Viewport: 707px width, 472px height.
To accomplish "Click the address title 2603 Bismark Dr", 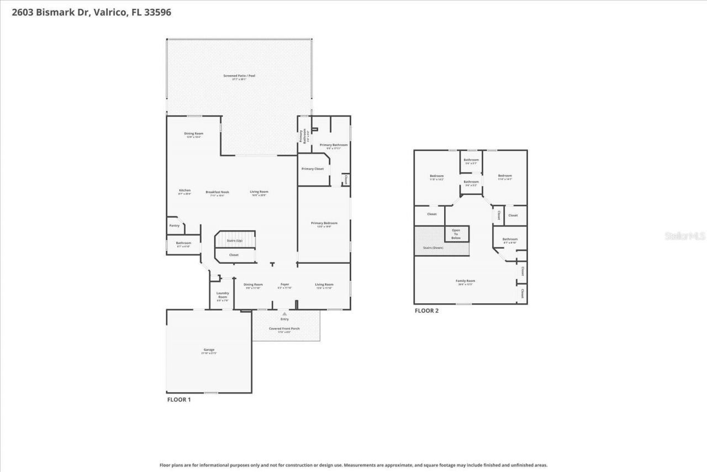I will pos(91,12).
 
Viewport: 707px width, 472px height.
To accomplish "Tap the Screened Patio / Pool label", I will pos(239,76).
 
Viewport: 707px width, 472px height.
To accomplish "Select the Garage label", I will pos(209,350).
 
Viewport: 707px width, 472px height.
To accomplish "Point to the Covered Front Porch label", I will pos(284,329).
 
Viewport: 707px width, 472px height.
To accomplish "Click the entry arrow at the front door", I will pos(284,313).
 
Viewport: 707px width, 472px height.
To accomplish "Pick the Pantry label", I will pos(174,225).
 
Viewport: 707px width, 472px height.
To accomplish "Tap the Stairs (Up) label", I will pos(235,241).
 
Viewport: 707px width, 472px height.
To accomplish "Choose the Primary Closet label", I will pos(313,169).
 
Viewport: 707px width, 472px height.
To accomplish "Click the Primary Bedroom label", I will pos(324,223).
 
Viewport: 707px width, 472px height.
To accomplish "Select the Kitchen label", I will pos(184,190).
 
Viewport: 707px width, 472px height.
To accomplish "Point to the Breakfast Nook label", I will pos(218,192).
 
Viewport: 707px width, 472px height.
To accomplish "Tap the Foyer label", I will pos(284,285).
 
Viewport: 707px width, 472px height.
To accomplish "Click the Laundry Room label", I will pos(223,295).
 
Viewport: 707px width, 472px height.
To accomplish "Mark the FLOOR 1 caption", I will pos(179,400).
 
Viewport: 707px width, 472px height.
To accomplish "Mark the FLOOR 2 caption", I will pos(426,311).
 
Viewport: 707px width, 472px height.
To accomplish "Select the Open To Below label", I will pos(456,234).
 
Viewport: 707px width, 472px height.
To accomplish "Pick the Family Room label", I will pos(465,281).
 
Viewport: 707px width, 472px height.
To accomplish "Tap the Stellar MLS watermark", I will pos(685,236).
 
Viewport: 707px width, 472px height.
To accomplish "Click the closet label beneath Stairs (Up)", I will pos(234,255).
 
